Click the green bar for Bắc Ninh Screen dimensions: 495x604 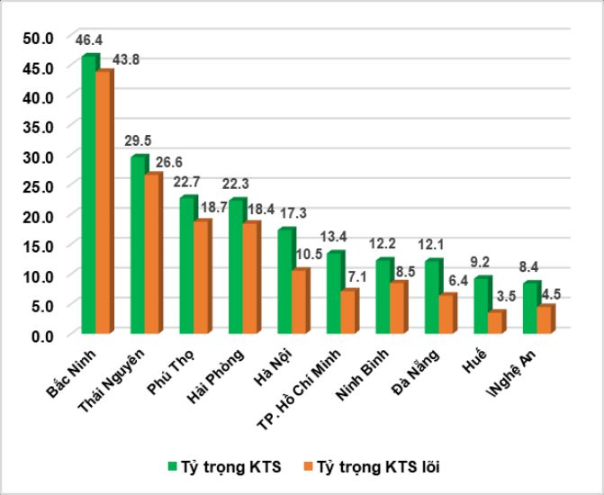pyautogui.click(x=88, y=193)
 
